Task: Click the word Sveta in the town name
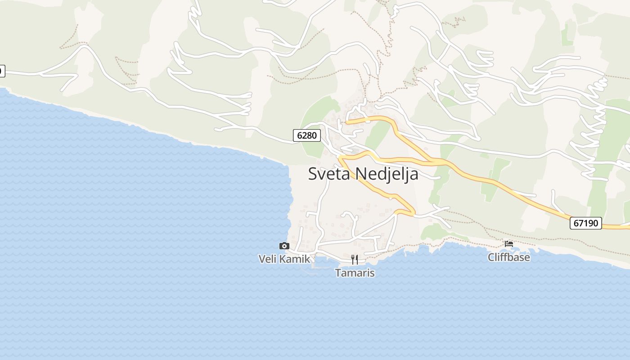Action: (330, 174)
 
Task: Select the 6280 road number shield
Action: (307, 135)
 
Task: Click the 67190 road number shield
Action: (586, 223)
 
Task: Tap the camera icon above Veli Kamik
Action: (284, 246)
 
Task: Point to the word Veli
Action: (268, 259)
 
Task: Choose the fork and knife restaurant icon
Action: (355, 259)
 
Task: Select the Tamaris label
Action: (355, 273)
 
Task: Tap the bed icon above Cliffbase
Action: (509, 244)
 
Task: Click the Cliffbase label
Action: (509, 257)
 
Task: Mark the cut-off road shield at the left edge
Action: (2, 71)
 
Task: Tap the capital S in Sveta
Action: (312, 174)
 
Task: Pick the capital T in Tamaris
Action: (338, 273)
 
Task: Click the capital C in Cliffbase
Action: (491, 257)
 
